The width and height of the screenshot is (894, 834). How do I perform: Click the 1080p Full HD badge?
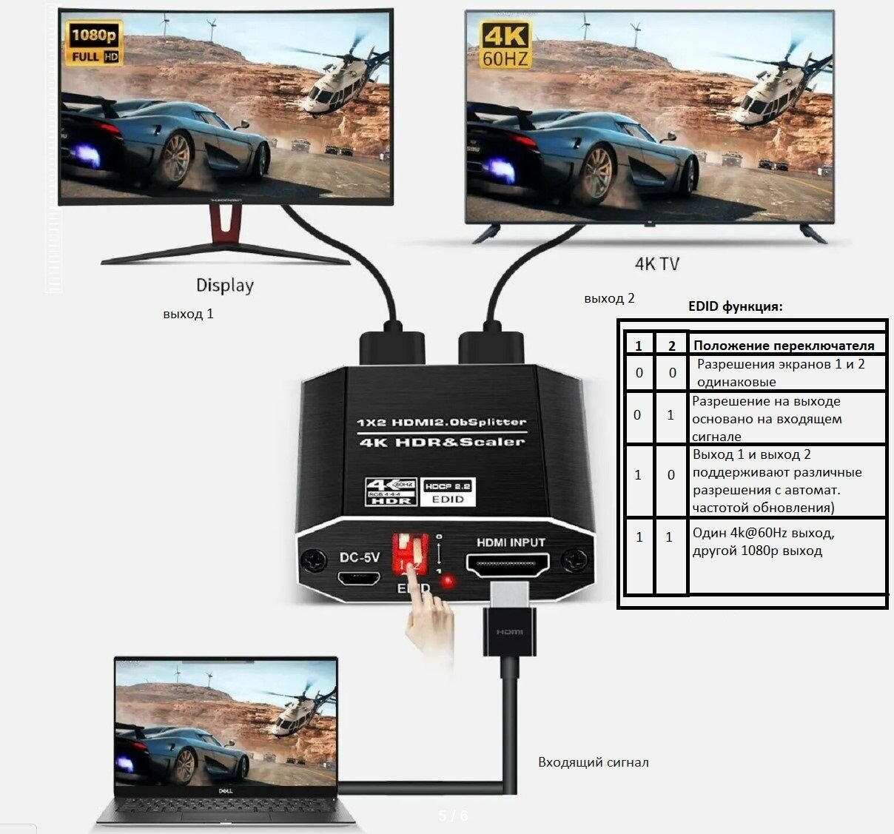click(94, 43)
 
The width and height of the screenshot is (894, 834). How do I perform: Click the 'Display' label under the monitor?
click(224, 285)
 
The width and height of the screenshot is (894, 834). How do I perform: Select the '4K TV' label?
click(656, 263)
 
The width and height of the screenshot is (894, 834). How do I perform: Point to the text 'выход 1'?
click(188, 314)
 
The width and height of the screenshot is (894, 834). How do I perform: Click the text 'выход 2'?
click(609, 298)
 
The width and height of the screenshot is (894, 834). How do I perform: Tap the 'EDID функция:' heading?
click(735, 306)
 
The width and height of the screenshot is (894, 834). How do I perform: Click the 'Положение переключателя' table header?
click(784, 346)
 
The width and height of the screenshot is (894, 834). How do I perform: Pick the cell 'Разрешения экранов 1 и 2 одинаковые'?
click(780, 373)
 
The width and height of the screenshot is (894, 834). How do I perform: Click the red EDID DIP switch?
click(409, 554)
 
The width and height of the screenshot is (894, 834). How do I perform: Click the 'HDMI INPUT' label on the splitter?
click(511, 542)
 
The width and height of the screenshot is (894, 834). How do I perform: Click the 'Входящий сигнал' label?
click(593, 762)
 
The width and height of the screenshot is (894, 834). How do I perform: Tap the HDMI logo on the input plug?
click(509, 631)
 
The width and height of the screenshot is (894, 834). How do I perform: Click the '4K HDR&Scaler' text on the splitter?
click(441, 442)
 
